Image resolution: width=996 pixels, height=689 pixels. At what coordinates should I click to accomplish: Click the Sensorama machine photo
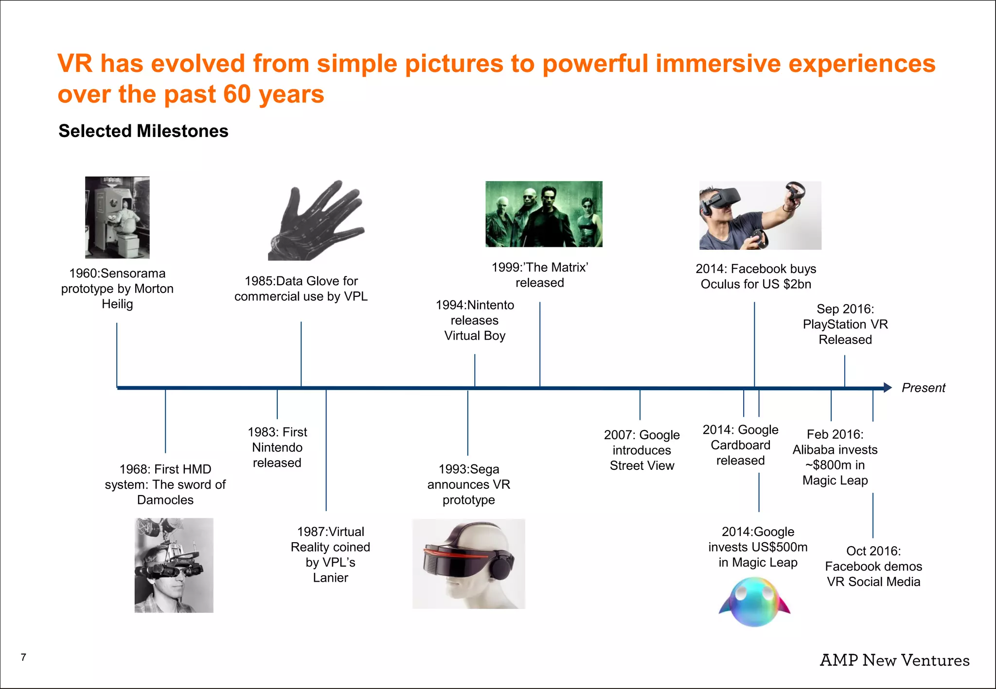tap(117, 217)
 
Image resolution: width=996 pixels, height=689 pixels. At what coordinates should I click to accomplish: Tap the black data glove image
tap(316, 221)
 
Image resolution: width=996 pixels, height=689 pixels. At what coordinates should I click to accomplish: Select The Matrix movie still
tap(544, 214)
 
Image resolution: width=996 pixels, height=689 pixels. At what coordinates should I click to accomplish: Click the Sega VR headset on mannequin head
tap(468, 564)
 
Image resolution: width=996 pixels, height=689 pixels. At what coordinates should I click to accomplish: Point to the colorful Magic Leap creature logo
tap(754, 602)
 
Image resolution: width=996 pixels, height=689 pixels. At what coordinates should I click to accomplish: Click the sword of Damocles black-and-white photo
tap(174, 565)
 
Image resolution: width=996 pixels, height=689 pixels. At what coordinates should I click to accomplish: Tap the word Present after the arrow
tap(923, 388)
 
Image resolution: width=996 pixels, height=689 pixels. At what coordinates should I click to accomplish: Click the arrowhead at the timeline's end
tap(888, 387)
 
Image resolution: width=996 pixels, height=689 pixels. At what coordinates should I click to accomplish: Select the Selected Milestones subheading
tap(143, 131)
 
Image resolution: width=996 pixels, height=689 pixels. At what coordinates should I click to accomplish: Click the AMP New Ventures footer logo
tap(894, 660)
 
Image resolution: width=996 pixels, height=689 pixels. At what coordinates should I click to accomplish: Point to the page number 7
tap(23, 657)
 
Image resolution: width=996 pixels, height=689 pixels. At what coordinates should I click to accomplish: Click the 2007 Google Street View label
tap(641, 450)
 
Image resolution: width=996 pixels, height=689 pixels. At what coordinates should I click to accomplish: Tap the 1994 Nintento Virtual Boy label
tap(475, 320)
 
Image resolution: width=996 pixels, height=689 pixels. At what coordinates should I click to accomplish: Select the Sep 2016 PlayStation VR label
tap(845, 324)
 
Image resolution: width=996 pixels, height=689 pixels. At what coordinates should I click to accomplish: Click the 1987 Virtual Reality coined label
tap(330, 554)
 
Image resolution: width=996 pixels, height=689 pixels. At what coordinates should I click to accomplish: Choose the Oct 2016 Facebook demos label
tap(873, 566)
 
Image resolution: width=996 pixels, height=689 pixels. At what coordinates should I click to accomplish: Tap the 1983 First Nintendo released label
tap(277, 447)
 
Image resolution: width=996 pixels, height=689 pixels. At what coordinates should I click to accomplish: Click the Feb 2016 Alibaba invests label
tap(835, 457)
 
